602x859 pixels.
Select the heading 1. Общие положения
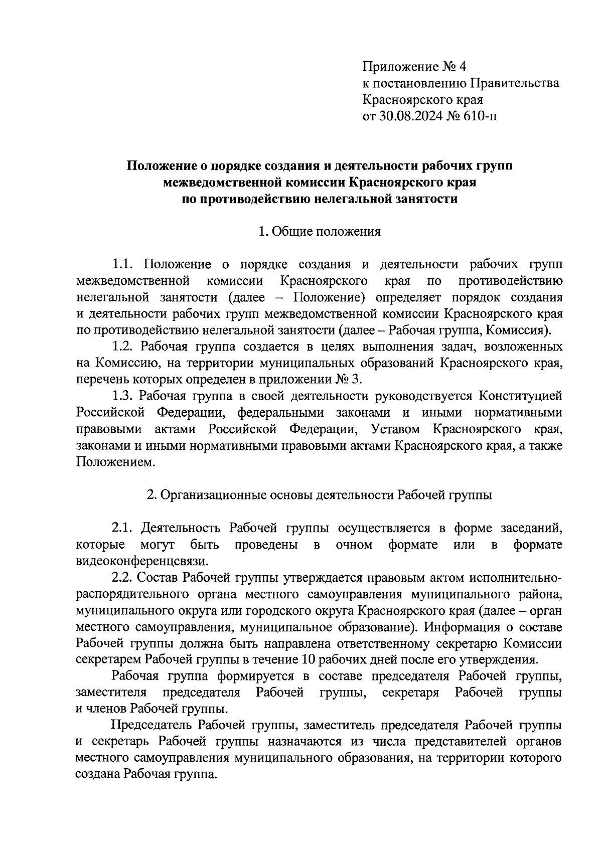(x=319, y=231)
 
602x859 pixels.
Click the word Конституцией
(x=520, y=396)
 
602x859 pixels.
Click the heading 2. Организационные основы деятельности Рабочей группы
(x=319, y=495)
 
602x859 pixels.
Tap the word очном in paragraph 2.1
(x=354, y=545)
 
